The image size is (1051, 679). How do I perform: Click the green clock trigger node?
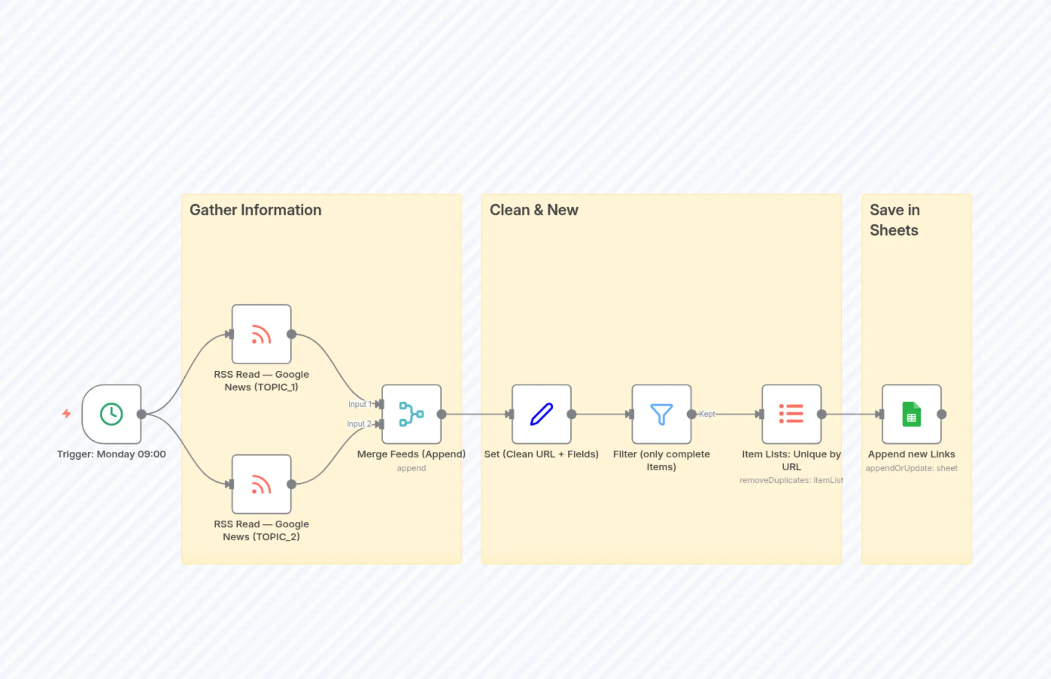pos(112,414)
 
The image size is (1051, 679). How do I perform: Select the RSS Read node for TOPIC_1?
pos(261,334)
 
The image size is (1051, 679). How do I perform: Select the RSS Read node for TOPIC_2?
pos(261,484)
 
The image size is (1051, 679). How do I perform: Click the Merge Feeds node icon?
pos(411,414)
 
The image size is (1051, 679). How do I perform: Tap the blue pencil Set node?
pos(541,414)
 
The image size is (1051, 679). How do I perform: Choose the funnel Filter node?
pos(661,414)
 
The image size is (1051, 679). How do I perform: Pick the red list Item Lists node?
pos(791,414)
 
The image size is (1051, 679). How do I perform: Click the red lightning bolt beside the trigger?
pos(67,413)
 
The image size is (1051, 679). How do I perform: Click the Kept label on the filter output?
pos(707,414)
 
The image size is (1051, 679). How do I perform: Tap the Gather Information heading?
pos(255,210)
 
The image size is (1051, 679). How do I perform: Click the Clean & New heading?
pos(534,210)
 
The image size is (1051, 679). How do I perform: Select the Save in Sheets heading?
pos(895,220)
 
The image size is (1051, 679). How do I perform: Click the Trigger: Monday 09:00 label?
pos(112,454)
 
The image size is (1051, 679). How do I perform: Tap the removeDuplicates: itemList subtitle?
pos(791,480)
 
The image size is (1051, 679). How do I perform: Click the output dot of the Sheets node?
pos(942,414)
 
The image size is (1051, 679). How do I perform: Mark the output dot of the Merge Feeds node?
pos(441,414)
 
